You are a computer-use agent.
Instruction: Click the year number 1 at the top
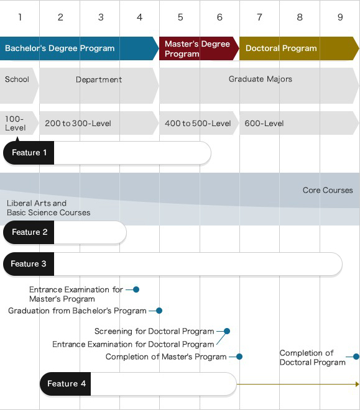[20, 17]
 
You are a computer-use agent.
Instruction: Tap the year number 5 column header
[180, 17]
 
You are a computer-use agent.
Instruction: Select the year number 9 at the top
[340, 17]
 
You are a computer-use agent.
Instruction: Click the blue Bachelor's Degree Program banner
[60, 48]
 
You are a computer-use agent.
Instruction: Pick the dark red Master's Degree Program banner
[197, 48]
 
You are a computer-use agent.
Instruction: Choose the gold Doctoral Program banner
[281, 48]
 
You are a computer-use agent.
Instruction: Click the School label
[17, 80]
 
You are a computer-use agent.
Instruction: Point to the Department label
[99, 80]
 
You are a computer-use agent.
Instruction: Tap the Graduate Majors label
[260, 79]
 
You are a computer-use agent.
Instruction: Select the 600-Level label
[264, 123]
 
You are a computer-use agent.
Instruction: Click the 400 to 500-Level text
[198, 123]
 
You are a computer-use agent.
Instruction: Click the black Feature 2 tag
[29, 232]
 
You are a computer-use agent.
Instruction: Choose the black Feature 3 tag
[29, 264]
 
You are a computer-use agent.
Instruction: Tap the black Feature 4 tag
[66, 384]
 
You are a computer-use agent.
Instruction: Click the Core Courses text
[328, 190]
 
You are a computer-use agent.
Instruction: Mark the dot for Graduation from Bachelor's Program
[159, 311]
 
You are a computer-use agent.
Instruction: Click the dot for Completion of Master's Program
[239, 357]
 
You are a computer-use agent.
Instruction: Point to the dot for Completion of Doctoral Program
[356, 357]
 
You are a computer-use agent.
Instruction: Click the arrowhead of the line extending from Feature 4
[357, 384]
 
